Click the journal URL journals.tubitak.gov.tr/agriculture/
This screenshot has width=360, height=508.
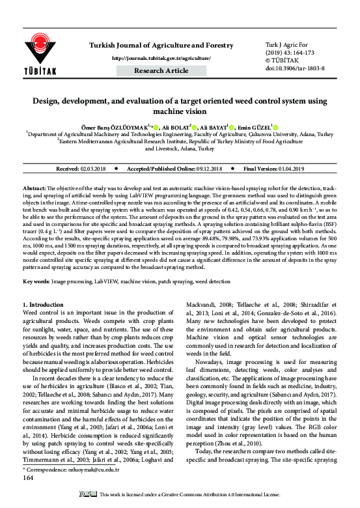161,58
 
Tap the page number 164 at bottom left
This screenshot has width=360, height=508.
28,477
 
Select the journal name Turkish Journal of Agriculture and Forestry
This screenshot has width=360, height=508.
161,45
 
